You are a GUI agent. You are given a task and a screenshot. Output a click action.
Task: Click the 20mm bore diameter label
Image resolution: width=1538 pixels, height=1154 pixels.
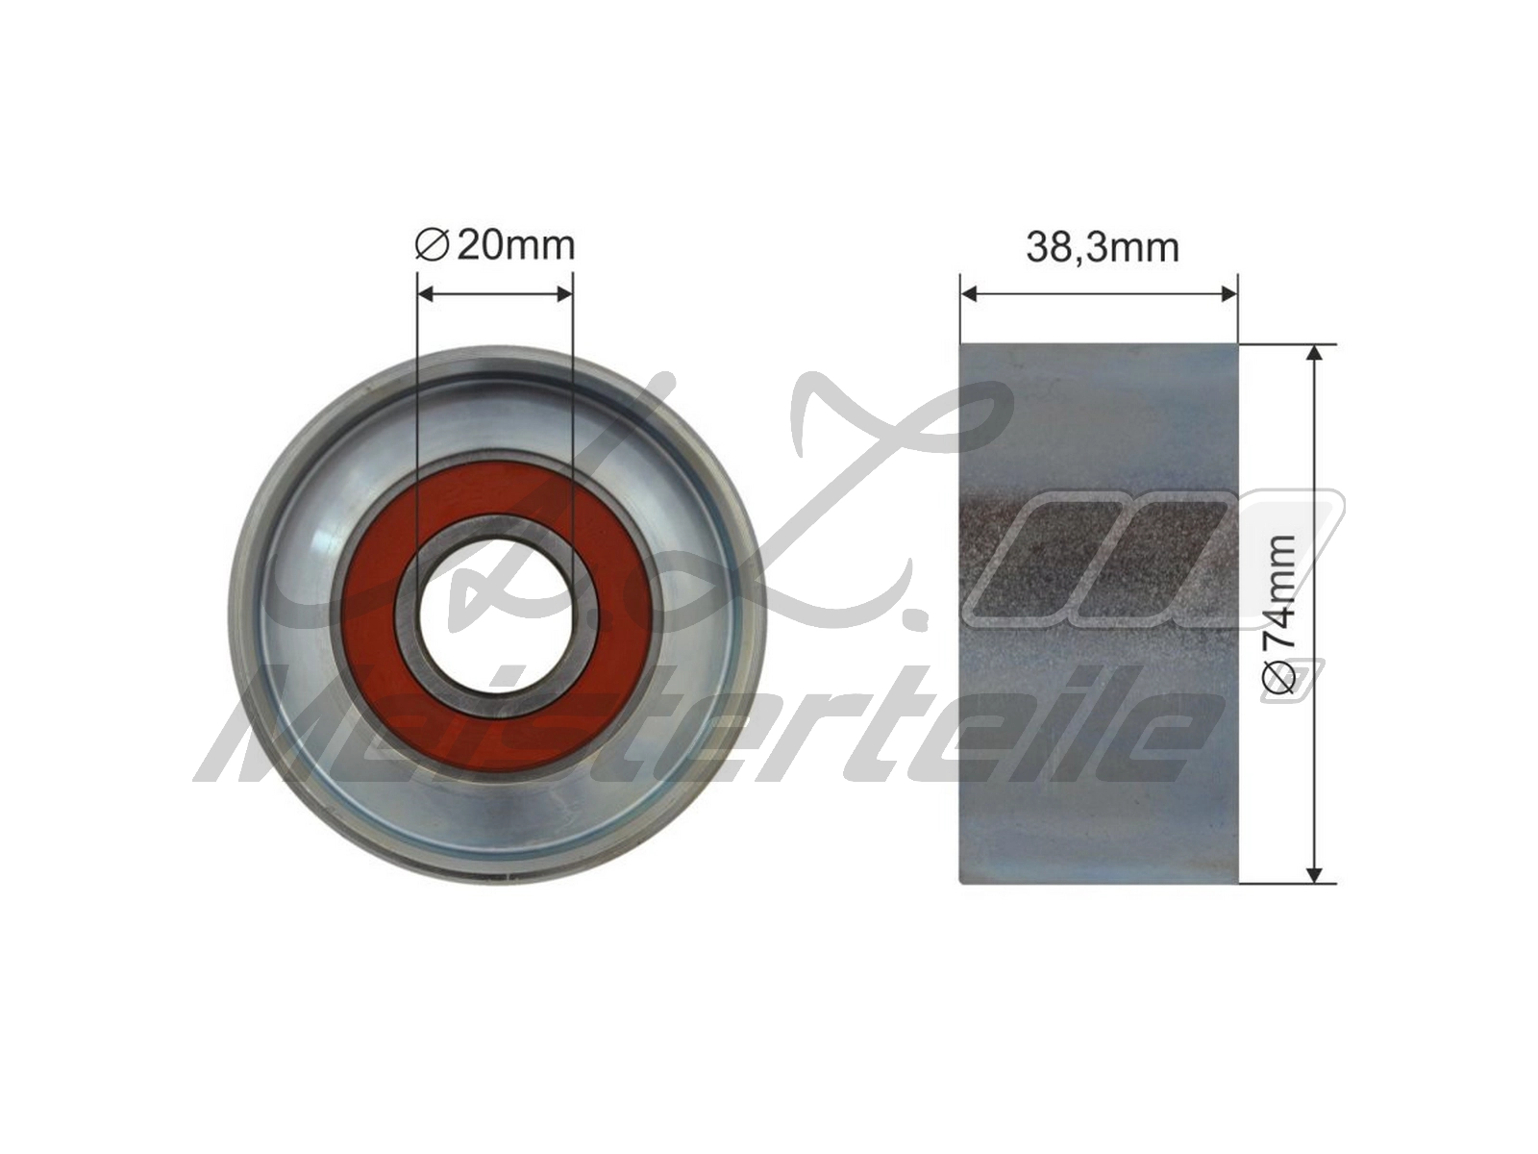pyautogui.click(x=495, y=245)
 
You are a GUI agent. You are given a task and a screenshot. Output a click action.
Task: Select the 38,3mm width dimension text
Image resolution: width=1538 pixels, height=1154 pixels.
pyautogui.click(x=1103, y=248)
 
